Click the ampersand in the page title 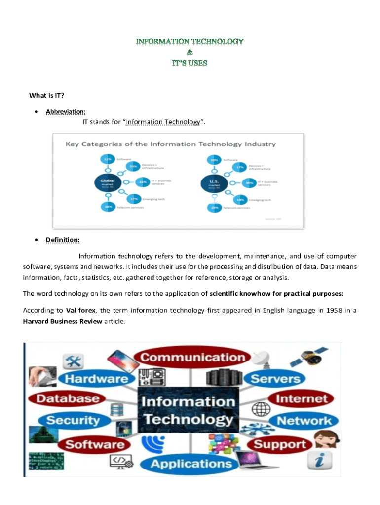click(x=190, y=52)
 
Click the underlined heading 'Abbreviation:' click(x=62, y=111)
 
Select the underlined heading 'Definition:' click(x=63, y=240)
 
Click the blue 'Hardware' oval click(x=97, y=379)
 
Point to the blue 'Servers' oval click(x=275, y=379)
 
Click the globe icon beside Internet click(x=259, y=408)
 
